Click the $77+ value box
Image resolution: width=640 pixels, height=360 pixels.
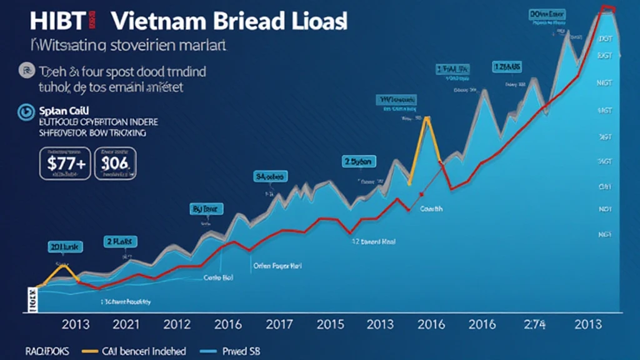[66, 164]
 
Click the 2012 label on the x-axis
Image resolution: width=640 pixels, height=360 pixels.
[177, 324]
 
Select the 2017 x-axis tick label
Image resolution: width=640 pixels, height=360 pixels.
[279, 324]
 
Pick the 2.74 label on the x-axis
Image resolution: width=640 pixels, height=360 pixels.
[535, 324]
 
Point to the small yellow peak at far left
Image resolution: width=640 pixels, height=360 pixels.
[61, 267]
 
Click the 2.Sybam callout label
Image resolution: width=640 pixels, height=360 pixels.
[359, 162]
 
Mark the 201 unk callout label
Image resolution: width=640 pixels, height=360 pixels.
[65, 247]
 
